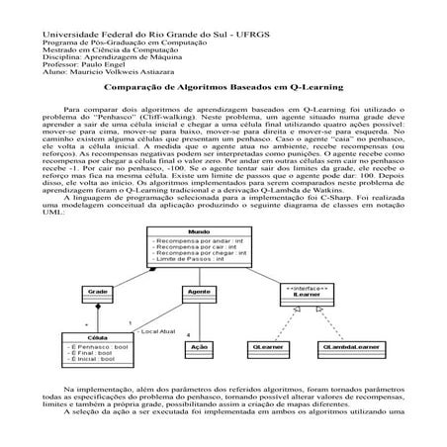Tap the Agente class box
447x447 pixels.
199,294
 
